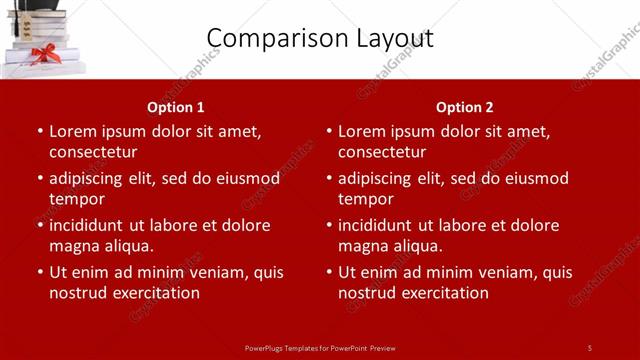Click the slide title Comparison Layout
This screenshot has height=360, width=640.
pyautogui.click(x=320, y=38)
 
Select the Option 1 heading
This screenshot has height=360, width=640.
pyautogui.click(x=176, y=107)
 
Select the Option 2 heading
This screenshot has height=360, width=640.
pyautogui.click(x=465, y=107)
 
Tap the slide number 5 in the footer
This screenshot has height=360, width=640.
pyautogui.click(x=589, y=348)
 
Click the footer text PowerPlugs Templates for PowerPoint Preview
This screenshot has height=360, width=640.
pyautogui.click(x=320, y=348)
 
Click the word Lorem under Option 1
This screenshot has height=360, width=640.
pyautogui.click(x=72, y=131)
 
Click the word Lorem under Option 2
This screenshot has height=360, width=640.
pyautogui.click(x=361, y=131)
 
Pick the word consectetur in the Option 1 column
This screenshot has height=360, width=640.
pyautogui.click(x=93, y=152)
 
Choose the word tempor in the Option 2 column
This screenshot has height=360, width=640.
pyautogui.click(x=366, y=199)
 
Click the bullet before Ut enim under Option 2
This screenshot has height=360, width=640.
pyautogui.click(x=328, y=272)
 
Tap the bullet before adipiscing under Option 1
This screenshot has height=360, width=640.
pyautogui.click(x=39, y=179)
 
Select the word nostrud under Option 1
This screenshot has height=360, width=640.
pyautogui.click(x=77, y=293)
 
